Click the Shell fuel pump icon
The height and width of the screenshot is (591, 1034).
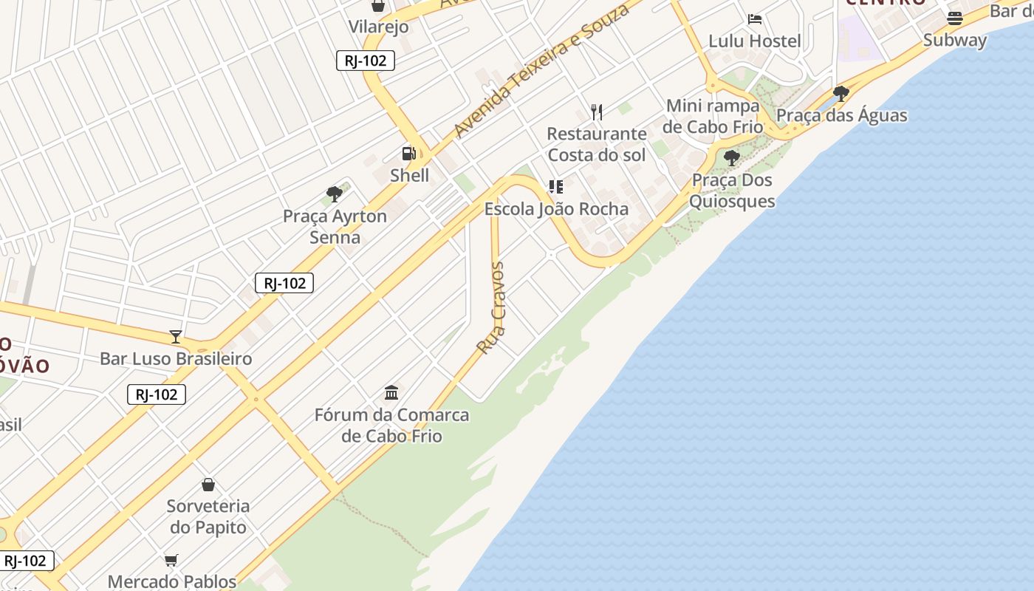click(x=408, y=154)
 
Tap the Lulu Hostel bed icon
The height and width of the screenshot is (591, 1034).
click(x=754, y=19)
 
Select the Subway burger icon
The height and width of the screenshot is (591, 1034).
click(x=955, y=18)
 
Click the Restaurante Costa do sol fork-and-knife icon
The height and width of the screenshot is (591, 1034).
click(x=597, y=112)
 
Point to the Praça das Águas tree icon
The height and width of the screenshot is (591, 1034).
click(x=840, y=93)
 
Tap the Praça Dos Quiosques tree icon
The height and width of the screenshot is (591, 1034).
click(x=732, y=158)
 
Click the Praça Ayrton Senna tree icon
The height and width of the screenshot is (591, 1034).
click(x=335, y=194)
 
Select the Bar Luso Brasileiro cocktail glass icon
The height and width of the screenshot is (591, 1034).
click(x=176, y=337)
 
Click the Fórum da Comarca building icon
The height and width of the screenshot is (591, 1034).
click(x=391, y=392)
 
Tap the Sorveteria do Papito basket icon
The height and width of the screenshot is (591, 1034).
click(x=208, y=485)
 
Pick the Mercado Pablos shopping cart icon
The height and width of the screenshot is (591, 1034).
click(x=171, y=560)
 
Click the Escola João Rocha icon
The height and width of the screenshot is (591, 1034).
click(x=556, y=187)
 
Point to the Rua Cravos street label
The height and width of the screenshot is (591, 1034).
click(x=492, y=308)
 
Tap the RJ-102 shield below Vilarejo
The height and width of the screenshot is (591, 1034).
click(x=365, y=61)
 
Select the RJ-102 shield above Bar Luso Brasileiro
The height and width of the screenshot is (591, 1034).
click(x=284, y=283)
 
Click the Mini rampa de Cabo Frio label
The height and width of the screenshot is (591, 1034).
click(x=713, y=116)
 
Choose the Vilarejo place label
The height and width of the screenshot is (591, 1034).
click(x=378, y=27)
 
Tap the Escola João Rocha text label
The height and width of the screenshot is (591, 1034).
click(x=556, y=209)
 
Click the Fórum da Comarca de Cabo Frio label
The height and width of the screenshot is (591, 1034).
click(x=391, y=425)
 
